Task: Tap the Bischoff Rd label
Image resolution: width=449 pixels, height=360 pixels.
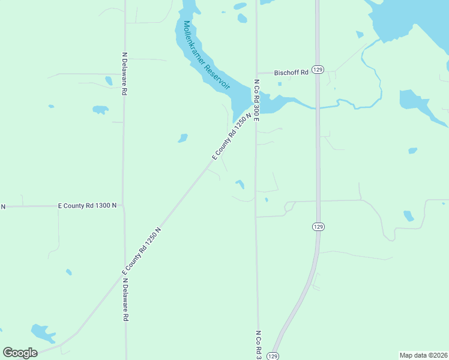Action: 291,72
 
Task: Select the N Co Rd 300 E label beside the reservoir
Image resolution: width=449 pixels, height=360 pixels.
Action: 256,100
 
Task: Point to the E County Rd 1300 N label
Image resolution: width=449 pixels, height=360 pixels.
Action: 87,205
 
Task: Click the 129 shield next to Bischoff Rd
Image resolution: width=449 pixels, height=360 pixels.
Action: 318,70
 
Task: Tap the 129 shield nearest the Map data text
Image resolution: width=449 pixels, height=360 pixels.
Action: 273,356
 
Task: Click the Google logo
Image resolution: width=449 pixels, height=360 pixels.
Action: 20,353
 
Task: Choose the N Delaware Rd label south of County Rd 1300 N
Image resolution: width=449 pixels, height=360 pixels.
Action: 125,300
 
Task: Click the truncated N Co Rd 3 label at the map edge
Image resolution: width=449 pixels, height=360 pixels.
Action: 259,344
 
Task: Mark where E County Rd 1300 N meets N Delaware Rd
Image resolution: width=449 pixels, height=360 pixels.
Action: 124,205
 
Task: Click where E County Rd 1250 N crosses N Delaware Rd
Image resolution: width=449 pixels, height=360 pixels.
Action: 125,273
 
